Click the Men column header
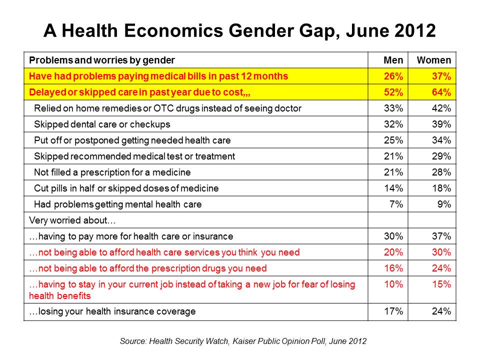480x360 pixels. pyautogui.click(x=393, y=60)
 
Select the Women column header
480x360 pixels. pyautogui.click(x=433, y=60)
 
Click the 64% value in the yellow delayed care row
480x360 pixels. pyautogui.click(x=442, y=92)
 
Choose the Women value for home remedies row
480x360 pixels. pyautogui.click(x=442, y=108)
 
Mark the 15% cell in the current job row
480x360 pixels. pyautogui.click(x=442, y=284)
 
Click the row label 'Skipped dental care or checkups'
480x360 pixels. pyautogui.click(x=102, y=124)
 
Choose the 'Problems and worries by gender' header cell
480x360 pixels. pyautogui.click(x=102, y=60)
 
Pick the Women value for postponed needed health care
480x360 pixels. pyautogui.click(x=442, y=140)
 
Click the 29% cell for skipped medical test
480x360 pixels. pyautogui.click(x=442, y=156)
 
